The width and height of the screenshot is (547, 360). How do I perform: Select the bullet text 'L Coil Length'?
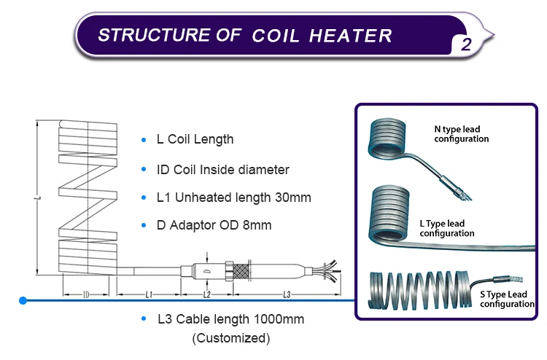tap(195, 139)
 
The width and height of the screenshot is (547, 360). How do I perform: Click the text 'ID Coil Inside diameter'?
tap(223, 170)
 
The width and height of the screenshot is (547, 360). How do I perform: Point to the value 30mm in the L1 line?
tap(292, 197)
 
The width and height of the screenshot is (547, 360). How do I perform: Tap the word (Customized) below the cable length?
tap(230, 338)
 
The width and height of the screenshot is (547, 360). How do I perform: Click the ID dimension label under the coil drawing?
tap(85, 294)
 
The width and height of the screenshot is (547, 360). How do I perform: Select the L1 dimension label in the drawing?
tap(148, 294)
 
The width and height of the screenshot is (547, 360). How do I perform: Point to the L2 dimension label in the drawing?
tap(206, 294)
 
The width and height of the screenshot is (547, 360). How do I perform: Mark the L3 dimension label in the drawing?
tap(287, 294)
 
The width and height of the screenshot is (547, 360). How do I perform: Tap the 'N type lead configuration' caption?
tap(462, 134)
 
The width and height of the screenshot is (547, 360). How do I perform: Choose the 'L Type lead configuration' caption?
tap(447, 229)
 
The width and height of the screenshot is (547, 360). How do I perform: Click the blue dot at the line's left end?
tap(23, 300)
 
